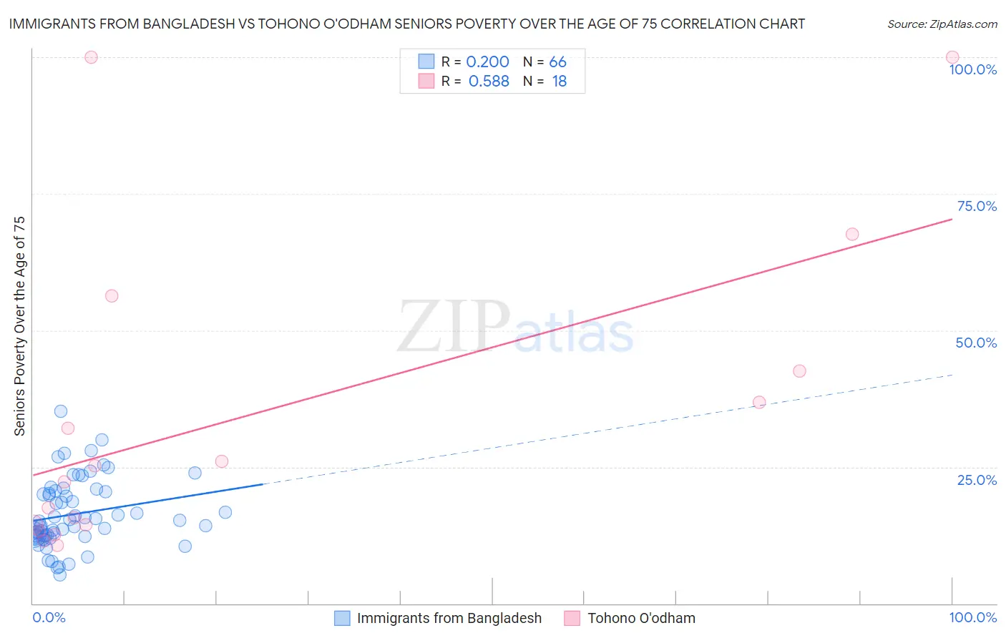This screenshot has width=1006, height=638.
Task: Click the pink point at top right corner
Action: click(952, 57)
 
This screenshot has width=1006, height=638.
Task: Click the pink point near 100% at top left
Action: click(91, 57)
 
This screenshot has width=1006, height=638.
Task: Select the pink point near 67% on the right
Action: click(851, 234)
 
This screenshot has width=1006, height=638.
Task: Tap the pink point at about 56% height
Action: click(112, 295)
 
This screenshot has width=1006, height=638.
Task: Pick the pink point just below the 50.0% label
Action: click(799, 370)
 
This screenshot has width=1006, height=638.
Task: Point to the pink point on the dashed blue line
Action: click(759, 402)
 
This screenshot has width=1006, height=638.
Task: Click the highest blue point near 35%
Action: click(61, 411)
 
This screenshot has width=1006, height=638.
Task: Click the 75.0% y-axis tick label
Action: click(977, 206)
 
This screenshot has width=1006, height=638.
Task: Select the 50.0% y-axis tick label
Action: click(976, 343)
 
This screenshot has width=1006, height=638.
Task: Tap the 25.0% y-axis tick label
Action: click(977, 480)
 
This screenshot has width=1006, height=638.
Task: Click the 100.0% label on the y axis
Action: click(972, 69)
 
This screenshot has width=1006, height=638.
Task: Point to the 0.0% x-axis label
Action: click(49, 617)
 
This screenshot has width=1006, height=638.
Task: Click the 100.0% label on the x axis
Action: click(972, 617)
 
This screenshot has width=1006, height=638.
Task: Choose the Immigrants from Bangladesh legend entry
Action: click(449, 618)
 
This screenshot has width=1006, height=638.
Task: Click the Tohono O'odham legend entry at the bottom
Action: click(641, 618)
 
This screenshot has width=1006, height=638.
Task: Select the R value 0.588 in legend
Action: click(489, 81)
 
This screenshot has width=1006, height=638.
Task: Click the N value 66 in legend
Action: click(557, 62)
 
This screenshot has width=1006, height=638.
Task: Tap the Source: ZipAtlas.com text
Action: click(942, 24)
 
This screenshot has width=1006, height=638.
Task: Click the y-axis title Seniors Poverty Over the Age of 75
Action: click(19, 325)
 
